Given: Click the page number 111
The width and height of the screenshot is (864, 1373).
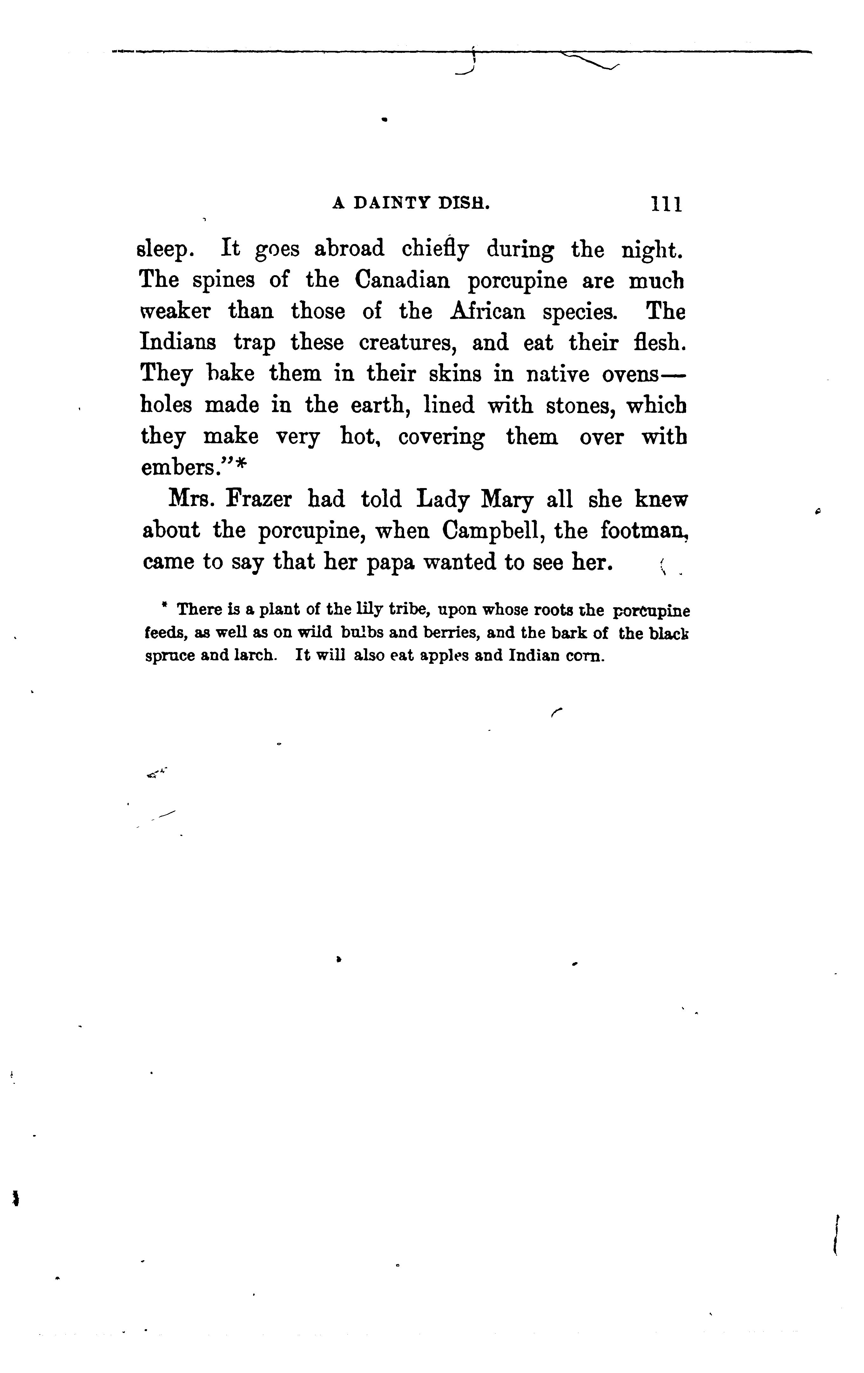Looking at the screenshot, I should click(x=666, y=204).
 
